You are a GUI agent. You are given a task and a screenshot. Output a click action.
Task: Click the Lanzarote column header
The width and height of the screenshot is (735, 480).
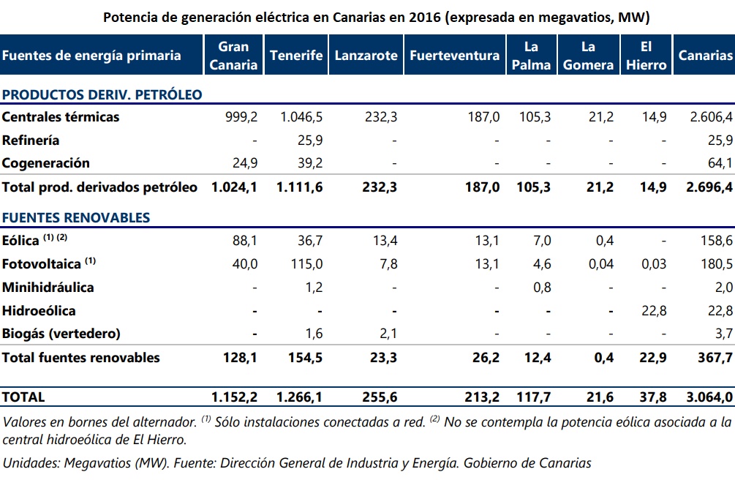366,56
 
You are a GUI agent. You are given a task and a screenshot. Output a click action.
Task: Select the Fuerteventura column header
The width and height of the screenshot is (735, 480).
455,56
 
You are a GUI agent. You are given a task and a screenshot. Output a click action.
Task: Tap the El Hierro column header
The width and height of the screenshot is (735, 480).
646,56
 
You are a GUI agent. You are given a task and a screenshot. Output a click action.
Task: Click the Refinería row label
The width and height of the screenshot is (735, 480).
31,140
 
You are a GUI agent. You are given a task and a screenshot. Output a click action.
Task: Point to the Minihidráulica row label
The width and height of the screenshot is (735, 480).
48,287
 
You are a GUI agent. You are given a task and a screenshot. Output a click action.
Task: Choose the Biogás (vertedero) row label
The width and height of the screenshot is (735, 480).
61,333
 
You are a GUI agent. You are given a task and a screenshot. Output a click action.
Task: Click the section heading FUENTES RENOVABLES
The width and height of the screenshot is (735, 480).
76,217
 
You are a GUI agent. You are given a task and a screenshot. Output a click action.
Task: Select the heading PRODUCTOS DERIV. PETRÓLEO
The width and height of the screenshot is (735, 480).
102,94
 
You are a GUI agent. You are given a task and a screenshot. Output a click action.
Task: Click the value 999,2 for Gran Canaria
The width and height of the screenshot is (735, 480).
241,116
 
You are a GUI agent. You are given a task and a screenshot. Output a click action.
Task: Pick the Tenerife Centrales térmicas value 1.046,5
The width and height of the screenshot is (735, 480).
301,116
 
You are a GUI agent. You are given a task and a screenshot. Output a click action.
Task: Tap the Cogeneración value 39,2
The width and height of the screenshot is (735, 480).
310,163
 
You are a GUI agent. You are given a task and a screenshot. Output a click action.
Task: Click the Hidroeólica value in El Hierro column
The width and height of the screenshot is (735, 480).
654,310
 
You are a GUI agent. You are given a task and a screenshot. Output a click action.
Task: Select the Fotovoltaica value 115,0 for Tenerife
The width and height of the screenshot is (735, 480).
307,263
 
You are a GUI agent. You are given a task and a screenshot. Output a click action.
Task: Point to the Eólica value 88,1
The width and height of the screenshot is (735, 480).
245,240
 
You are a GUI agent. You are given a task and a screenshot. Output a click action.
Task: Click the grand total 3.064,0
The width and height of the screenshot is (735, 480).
709,397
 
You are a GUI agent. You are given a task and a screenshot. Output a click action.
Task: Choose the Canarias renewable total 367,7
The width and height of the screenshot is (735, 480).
715,358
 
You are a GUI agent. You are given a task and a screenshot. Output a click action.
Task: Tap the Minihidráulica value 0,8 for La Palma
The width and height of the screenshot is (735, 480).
542,287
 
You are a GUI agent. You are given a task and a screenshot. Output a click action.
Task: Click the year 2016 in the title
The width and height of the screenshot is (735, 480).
425,18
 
